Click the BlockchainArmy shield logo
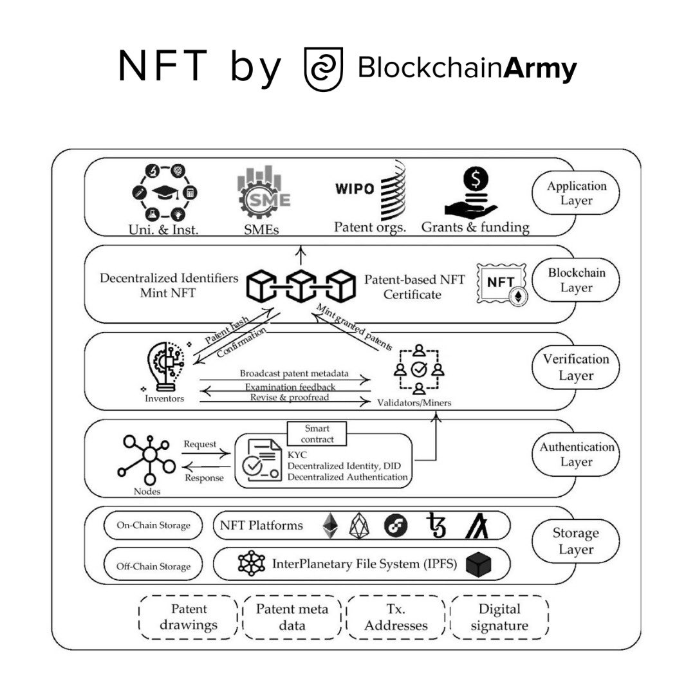[x=324, y=69]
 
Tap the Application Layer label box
[x=577, y=193]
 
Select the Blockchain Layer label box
[x=577, y=280]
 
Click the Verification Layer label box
[x=577, y=367]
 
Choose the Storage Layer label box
[x=577, y=541]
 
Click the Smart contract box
[x=316, y=433]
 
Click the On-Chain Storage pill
[x=153, y=525]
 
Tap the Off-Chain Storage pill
[x=153, y=566]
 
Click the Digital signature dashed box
[x=499, y=616]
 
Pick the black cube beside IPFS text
[x=479, y=564]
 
